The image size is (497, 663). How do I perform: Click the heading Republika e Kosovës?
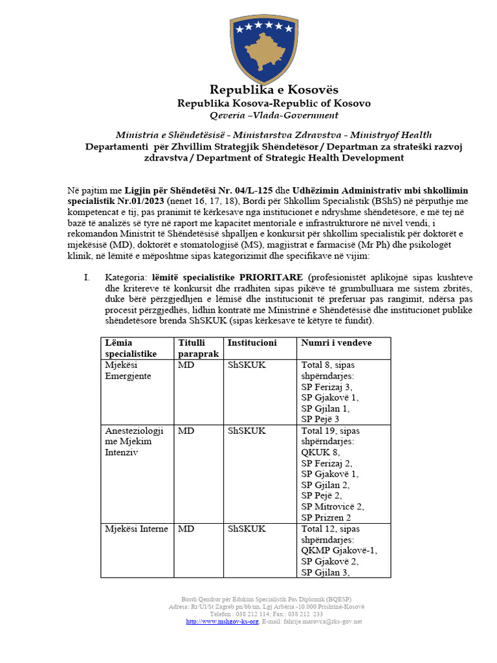(274, 89)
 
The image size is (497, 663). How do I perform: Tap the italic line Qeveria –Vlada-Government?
(274, 115)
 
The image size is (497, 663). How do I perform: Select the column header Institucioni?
(252, 343)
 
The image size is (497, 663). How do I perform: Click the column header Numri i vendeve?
(336, 343)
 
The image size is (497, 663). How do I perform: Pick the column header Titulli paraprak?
(198, 348)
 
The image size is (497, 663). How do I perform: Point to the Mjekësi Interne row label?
(137, 529)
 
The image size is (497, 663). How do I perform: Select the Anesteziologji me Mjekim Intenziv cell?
(134, 441)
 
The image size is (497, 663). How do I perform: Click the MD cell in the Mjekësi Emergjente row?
(186, 365)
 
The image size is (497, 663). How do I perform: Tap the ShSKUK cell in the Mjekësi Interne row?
(247, 529)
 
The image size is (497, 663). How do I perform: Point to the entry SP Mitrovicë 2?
(333, 506)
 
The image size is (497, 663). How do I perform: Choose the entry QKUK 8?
(320, 452)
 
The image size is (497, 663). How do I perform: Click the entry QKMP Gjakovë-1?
(339, 550)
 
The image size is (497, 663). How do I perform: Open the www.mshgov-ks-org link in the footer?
(222, 622)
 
